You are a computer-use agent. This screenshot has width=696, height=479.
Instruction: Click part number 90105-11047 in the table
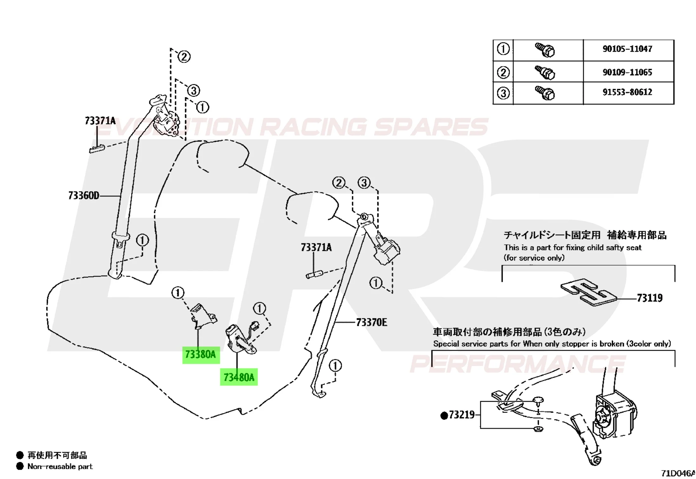[627, 49]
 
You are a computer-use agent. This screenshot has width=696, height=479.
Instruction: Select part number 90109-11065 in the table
[627, 72]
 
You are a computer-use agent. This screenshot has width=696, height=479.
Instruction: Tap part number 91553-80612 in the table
[627, 92]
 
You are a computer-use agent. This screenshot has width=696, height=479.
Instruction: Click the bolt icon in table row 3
[545, 93]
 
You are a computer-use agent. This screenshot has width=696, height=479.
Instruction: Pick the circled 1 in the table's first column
[503, 49]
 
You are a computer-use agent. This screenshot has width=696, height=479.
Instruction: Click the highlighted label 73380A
[201, 354]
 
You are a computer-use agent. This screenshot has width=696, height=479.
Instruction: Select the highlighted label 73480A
[239, 377]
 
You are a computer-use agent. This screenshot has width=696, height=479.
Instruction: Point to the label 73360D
[84, 195]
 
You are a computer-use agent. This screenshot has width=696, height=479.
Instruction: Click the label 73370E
[371, 322]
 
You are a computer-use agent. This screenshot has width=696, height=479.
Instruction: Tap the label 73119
[650, 298]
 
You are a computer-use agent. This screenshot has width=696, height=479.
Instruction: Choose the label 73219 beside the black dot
[462, 415]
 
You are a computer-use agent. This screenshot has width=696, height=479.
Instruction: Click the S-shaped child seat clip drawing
[589, 292]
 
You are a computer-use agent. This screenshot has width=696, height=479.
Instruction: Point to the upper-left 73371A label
[100, 121]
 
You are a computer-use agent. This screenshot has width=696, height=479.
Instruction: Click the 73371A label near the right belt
[316, 247]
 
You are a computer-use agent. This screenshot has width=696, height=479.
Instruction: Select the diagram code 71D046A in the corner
[679, 473]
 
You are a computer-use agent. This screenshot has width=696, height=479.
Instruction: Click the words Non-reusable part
[60, 466]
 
